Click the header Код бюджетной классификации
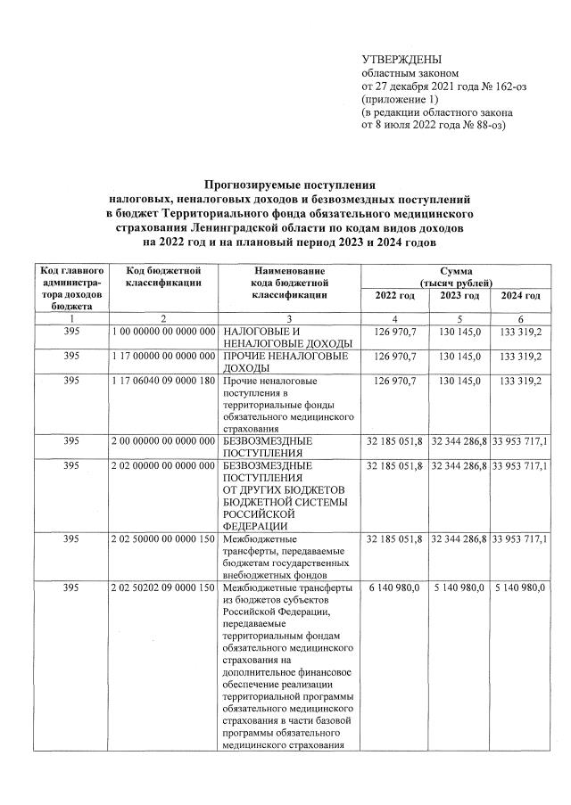[163, 276]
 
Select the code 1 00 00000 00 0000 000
[163, 332]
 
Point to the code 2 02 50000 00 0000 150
[163, 538]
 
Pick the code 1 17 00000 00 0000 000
[163, 357]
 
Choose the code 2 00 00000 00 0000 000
[163, 440]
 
